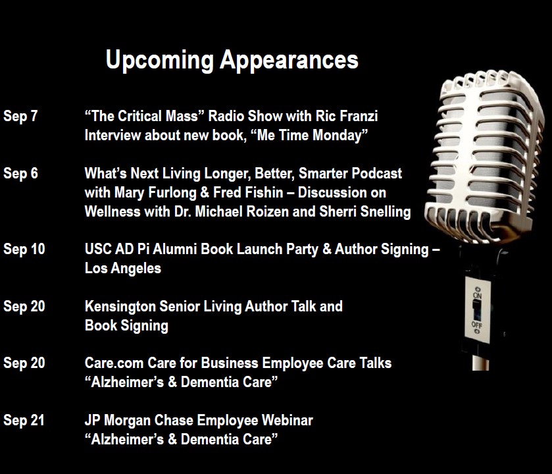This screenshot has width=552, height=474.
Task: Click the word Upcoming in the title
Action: pos(160,61)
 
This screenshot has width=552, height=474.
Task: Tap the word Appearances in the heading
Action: pos(289,61)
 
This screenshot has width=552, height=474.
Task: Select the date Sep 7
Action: pos(20,117)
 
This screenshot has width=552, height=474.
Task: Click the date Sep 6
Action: pos(20,173)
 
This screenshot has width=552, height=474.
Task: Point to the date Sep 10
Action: pos(24,249)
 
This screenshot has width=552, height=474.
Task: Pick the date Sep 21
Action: pos(24,420)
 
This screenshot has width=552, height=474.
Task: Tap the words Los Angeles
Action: pos(123,269)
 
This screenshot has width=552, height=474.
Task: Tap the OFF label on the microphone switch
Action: pos(476,325)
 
